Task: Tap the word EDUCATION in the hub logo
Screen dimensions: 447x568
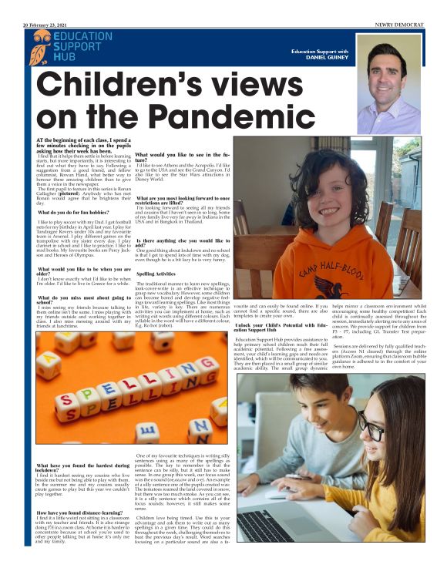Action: pyautogui.click(x=84, y=37)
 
